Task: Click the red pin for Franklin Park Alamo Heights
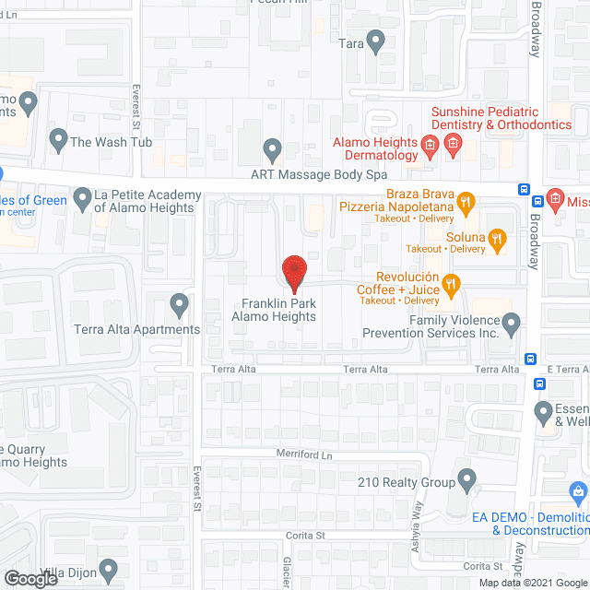pos(294,272)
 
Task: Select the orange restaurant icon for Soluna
pos(498,239)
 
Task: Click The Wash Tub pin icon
pos(59,140)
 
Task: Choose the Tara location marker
pos(374,41)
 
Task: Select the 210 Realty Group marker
pos(466,479)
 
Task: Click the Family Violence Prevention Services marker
pos(511,322)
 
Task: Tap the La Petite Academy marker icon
pos(82,197)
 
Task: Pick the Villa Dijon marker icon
pos(109,568)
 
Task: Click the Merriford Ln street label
pos(304,454)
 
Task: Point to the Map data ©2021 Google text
pos(532,583)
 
